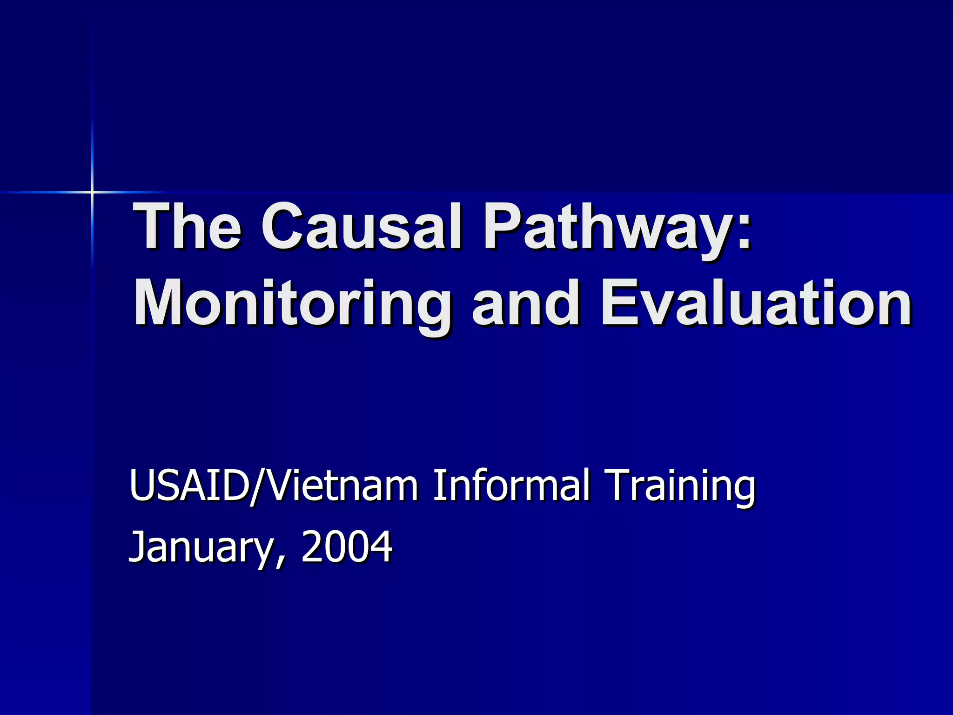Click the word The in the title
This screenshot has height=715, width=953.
click(x=187, y=227)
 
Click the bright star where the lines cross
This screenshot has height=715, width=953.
click(x=92, y=192)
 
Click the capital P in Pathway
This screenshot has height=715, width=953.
click(x=502, y=227)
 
